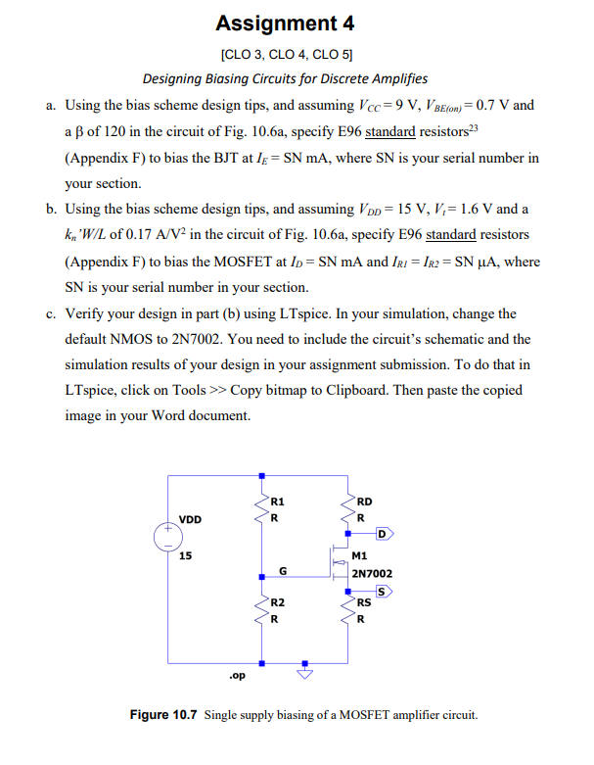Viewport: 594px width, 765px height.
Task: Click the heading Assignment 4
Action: point(285,23)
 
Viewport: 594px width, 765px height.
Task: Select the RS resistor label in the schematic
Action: point(364,603)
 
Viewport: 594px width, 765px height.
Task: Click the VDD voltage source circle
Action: point(167,538)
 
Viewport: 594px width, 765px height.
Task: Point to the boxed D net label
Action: point(385,534)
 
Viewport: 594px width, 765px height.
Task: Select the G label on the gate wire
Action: point(283,570)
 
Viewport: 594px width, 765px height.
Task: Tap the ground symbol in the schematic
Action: point(305,674)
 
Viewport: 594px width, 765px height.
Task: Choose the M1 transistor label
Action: point(359,554)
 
